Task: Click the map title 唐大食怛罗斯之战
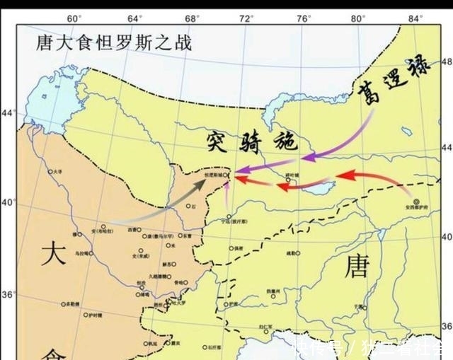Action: coord(114,43)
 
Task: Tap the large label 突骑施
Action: coord(242,140)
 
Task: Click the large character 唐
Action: coord(357,267)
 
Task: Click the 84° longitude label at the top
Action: coord(415,18)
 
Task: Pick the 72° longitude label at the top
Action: coord(245,18)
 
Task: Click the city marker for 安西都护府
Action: coord(416,201)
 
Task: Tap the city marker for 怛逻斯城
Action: coord(227,173)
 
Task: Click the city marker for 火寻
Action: coord(50,171)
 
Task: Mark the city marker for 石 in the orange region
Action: coord(188,206)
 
